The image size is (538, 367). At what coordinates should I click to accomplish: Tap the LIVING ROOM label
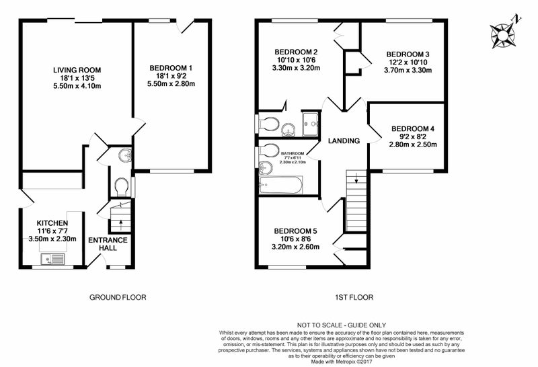[76, 69]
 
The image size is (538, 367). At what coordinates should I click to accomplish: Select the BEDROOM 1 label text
[171, 69]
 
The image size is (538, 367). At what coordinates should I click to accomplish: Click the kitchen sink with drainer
[51, 258]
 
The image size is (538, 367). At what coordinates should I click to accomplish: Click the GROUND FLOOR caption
[118, 297]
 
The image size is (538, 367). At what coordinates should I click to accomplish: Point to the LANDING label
[344, 141]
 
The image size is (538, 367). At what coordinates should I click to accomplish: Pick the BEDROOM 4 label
[413, 128]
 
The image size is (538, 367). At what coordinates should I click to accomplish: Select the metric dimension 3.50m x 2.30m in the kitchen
[52, 239]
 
